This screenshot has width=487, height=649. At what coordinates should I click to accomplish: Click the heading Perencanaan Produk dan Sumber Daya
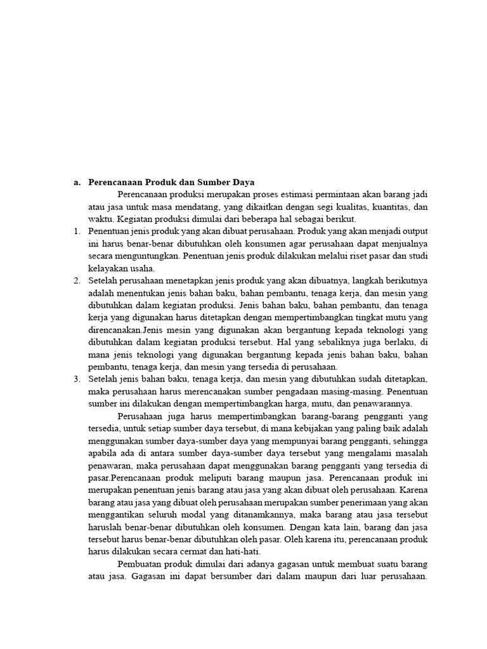(171, 183)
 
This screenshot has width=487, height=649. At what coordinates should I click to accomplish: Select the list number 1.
(77, 232)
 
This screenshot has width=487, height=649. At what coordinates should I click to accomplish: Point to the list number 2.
(77, 281)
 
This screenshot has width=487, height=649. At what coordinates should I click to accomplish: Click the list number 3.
(77, 379)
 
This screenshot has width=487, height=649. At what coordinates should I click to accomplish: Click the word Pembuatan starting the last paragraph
(140, 563)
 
